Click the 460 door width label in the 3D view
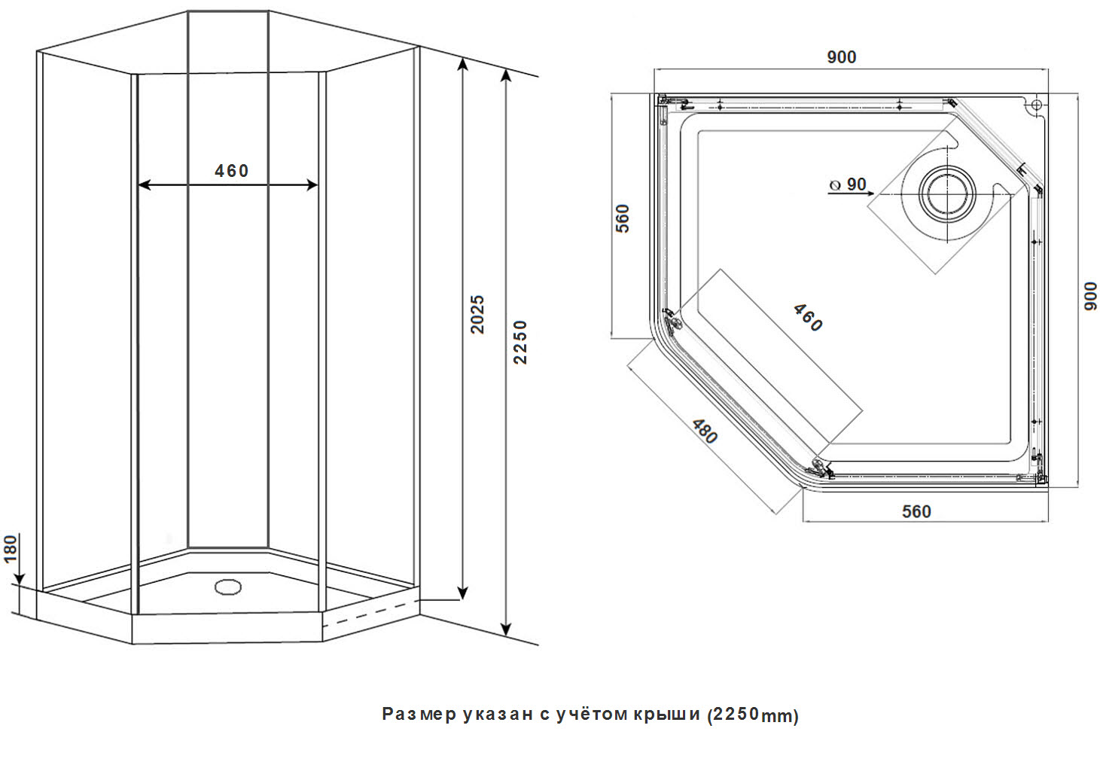tap(231, 171)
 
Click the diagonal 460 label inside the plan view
tap(807, 318)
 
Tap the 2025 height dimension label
tap(477, 314)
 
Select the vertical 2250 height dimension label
tap(520, 342)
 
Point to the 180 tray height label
tap(11, 549)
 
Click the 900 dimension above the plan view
tap(841, 57)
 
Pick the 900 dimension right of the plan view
tap(1089, 295)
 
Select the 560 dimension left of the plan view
tap(622, 218)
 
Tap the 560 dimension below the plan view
tap(916, 512)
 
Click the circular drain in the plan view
tap(946, 193)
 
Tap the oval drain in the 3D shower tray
tap(227, 586)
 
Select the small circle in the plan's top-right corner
tap(1036, 105)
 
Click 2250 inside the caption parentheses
tap(736, 714)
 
